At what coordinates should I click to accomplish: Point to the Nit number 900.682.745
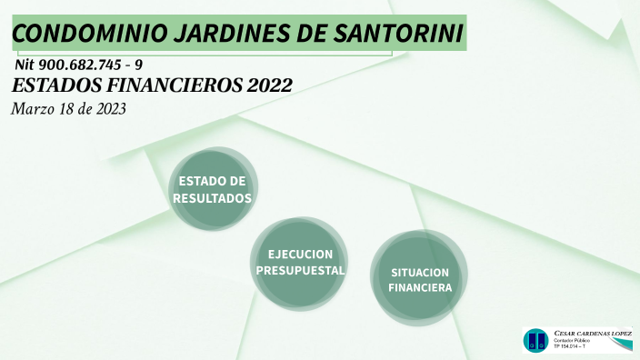click(79, 65)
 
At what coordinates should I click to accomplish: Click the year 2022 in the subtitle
click(269, 86)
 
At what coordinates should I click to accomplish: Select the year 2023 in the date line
click(107, 108)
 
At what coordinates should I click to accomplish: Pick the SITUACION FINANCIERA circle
click(420, 279)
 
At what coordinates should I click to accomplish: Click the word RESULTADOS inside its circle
click(213, 197)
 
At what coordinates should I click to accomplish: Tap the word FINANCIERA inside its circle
click(420, 287)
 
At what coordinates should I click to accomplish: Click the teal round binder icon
click(536, 341)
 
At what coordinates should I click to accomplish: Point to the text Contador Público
click(573, 340)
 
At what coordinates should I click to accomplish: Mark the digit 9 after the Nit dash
click(139, 65)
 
